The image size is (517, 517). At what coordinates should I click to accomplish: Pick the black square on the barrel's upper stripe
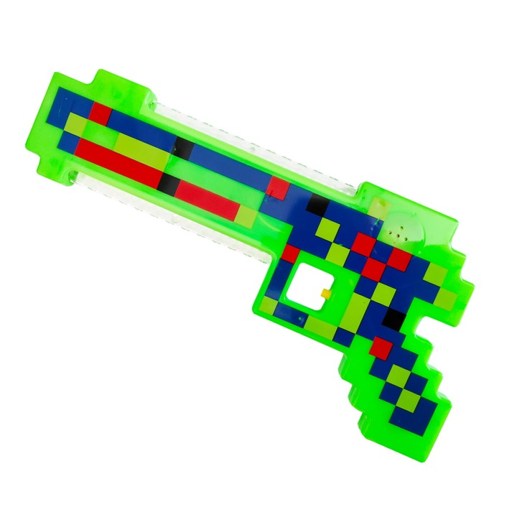[x=185, y=149]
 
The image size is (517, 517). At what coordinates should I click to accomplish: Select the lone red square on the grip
[x=382, y=348]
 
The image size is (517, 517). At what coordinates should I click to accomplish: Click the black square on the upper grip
[x=394, y=317]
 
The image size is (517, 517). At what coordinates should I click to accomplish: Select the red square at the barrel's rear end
[x=279, y=188]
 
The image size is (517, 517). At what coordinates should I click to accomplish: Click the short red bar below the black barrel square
[x=208, y=192]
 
